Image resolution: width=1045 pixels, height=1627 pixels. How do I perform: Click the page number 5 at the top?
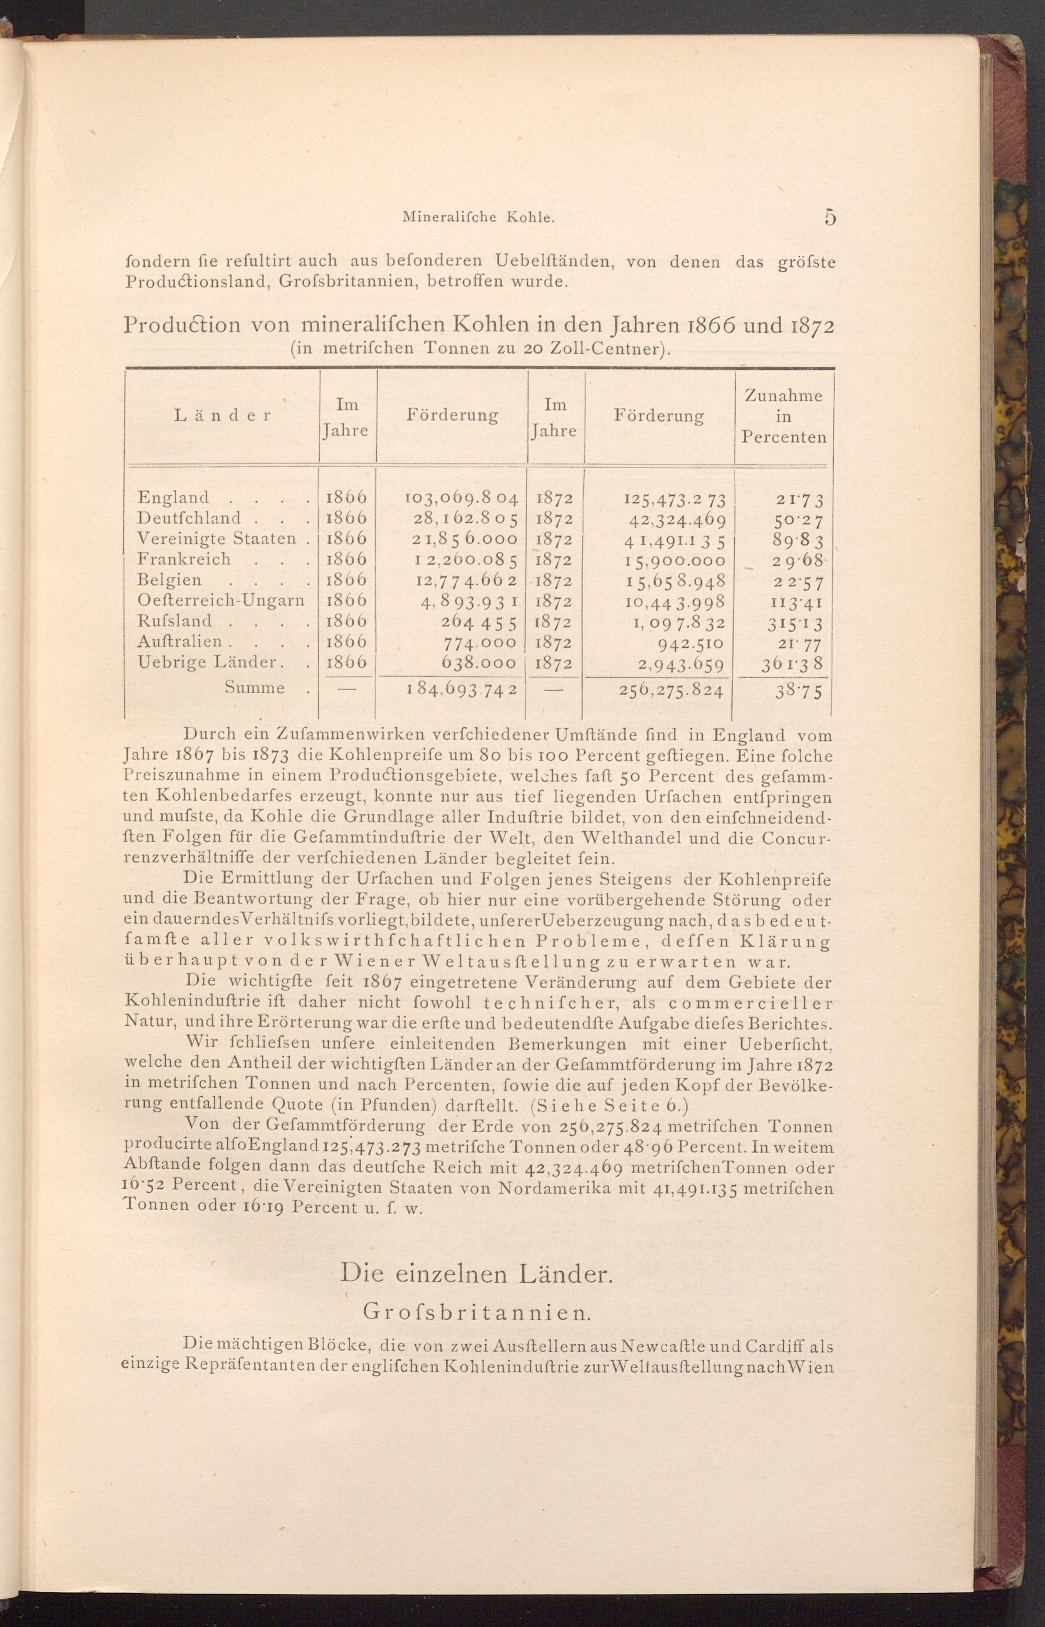click(830, 217)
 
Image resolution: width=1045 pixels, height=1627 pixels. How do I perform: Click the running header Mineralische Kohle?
click(479, 218)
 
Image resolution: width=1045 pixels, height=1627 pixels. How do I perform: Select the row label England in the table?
click(173, 498)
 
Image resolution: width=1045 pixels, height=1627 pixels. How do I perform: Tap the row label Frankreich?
click(184, 559)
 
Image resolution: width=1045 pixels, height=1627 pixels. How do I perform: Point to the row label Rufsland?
click(175, 621)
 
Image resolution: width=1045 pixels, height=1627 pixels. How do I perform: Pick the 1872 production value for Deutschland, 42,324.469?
click(675, 520)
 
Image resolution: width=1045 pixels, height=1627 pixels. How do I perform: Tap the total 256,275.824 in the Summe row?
click(671, 691)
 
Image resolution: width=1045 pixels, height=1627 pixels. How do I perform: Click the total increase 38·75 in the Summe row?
click(800, 691)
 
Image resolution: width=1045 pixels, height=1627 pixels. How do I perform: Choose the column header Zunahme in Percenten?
click(784, 416)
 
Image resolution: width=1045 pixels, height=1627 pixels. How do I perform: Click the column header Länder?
click(223, 415)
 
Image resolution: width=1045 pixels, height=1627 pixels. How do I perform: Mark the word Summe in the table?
click(254, 688)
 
